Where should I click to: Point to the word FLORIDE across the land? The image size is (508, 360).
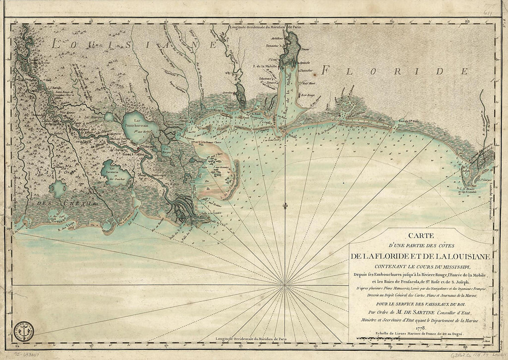point(390,71)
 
